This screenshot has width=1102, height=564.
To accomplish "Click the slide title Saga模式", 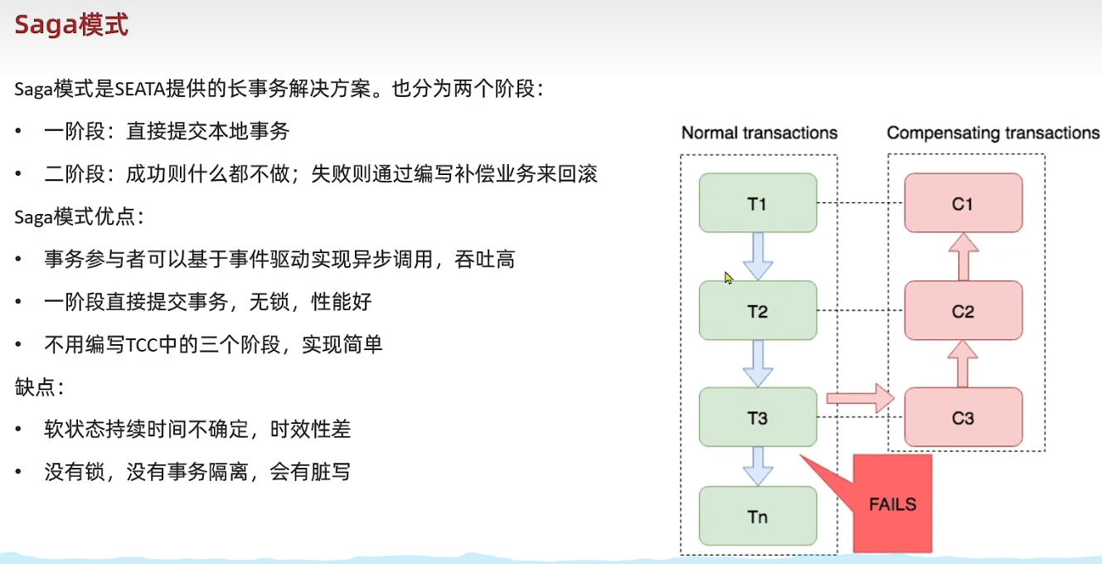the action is [72, 25].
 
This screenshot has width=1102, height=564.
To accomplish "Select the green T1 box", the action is [758, 203].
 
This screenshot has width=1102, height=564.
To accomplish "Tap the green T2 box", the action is [758, 311].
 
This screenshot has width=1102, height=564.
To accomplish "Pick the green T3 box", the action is [758, 418].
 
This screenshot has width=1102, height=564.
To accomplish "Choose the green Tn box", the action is [758, 517].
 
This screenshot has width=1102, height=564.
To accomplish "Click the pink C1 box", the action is [963, 203].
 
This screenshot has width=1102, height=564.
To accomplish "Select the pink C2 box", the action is [963, 311].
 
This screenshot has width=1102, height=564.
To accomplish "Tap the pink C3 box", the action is [963, 418].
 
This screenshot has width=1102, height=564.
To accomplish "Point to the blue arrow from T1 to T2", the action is [758, 257].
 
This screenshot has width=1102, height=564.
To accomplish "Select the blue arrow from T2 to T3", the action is [758, 364].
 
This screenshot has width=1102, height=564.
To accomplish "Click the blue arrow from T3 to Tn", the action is [758, 466].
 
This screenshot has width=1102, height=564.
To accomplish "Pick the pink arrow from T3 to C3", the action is [861, 399].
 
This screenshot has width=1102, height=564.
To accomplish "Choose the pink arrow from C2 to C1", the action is [963, 257].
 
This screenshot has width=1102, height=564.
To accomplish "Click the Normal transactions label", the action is [759, 133].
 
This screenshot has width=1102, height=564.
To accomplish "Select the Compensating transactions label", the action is [993, 133].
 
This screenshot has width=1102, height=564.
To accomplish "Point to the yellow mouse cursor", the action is [728, 277].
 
